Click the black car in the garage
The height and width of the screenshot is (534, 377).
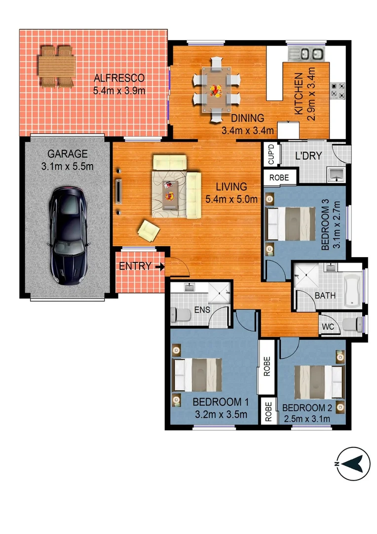pos(68,235)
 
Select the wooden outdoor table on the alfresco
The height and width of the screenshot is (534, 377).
pos(57,66)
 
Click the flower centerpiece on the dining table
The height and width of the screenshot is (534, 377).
pos(216,90)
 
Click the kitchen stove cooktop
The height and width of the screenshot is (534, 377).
pos(337,90)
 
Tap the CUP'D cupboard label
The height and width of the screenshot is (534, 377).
pos(270,155)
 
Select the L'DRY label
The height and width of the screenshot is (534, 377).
pos(308,156)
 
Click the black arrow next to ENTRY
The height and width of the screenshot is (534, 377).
pos(159,267)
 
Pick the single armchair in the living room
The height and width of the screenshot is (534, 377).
pos(149,230)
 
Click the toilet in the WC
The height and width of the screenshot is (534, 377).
pos(353,325)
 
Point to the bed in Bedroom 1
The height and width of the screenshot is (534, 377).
pos(197,374)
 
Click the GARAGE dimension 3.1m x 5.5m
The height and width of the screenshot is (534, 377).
pos(68,167)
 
